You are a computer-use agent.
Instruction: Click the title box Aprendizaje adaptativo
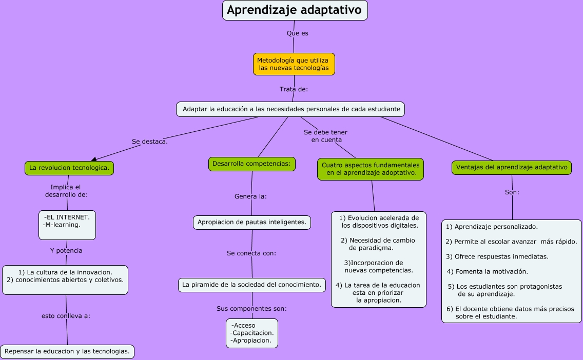click(295, 10)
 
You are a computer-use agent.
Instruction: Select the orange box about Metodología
click(294, 64)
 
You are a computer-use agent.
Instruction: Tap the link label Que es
click(297, 33)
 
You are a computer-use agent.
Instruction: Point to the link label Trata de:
click(294, 89)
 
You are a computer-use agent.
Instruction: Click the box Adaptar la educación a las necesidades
click(290, 109)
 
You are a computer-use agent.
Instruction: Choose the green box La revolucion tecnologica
click(69, 168)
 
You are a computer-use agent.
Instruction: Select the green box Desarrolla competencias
click(251, 164)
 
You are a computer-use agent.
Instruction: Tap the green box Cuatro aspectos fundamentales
click(370, 169)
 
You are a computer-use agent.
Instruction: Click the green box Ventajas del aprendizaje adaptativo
click(512, 168)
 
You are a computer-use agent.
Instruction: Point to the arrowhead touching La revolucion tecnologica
click(94, 159)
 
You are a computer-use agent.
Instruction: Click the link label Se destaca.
click(149, 142)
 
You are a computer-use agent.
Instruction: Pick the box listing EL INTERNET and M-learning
click(67, 225)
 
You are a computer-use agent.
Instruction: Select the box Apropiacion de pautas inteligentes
click(252, 222)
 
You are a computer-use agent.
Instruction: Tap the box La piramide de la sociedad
click(252, 285)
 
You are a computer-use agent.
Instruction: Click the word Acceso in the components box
click(244, 326)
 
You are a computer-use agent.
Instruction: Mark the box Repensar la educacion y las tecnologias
click(67, 351)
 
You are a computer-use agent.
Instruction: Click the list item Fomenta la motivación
click(487, 271)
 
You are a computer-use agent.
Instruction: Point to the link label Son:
click(512, 192)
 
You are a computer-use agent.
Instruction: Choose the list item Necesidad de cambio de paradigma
click(378, 244)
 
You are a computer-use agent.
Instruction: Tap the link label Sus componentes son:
click(251, 309)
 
